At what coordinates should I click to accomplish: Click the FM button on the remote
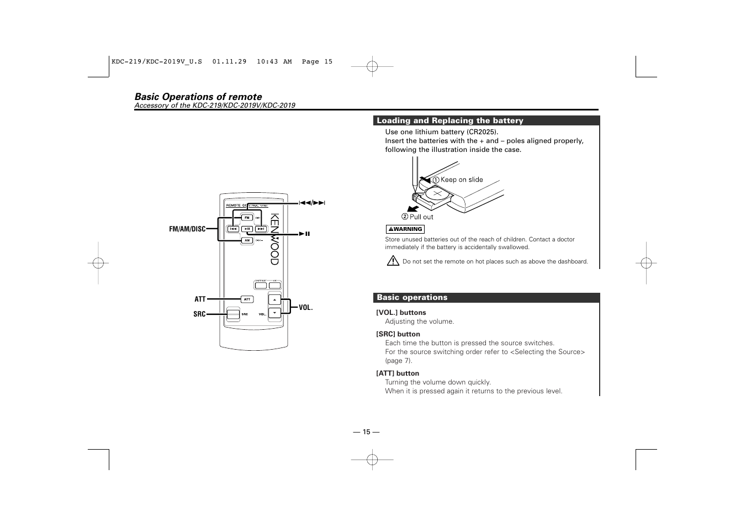247,218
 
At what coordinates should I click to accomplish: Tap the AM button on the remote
247,240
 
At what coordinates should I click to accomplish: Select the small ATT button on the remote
247,299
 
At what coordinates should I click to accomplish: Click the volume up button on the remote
274,299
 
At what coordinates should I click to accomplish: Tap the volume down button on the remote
274,313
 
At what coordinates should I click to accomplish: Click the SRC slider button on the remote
233,314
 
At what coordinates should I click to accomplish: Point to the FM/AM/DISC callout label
187,229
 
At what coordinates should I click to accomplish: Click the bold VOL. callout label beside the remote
305,307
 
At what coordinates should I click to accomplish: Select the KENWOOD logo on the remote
274,239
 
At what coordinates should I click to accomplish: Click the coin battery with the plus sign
437,194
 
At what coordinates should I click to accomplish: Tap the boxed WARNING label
405,229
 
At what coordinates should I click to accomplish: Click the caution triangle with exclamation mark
393,261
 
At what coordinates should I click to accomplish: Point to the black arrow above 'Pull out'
412,209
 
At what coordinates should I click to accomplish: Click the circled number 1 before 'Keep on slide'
436,180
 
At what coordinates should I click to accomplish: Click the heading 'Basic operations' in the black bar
412,298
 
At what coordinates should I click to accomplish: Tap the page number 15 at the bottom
366,432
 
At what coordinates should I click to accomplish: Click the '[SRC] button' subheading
398,334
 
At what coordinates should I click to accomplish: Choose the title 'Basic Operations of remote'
198,97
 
